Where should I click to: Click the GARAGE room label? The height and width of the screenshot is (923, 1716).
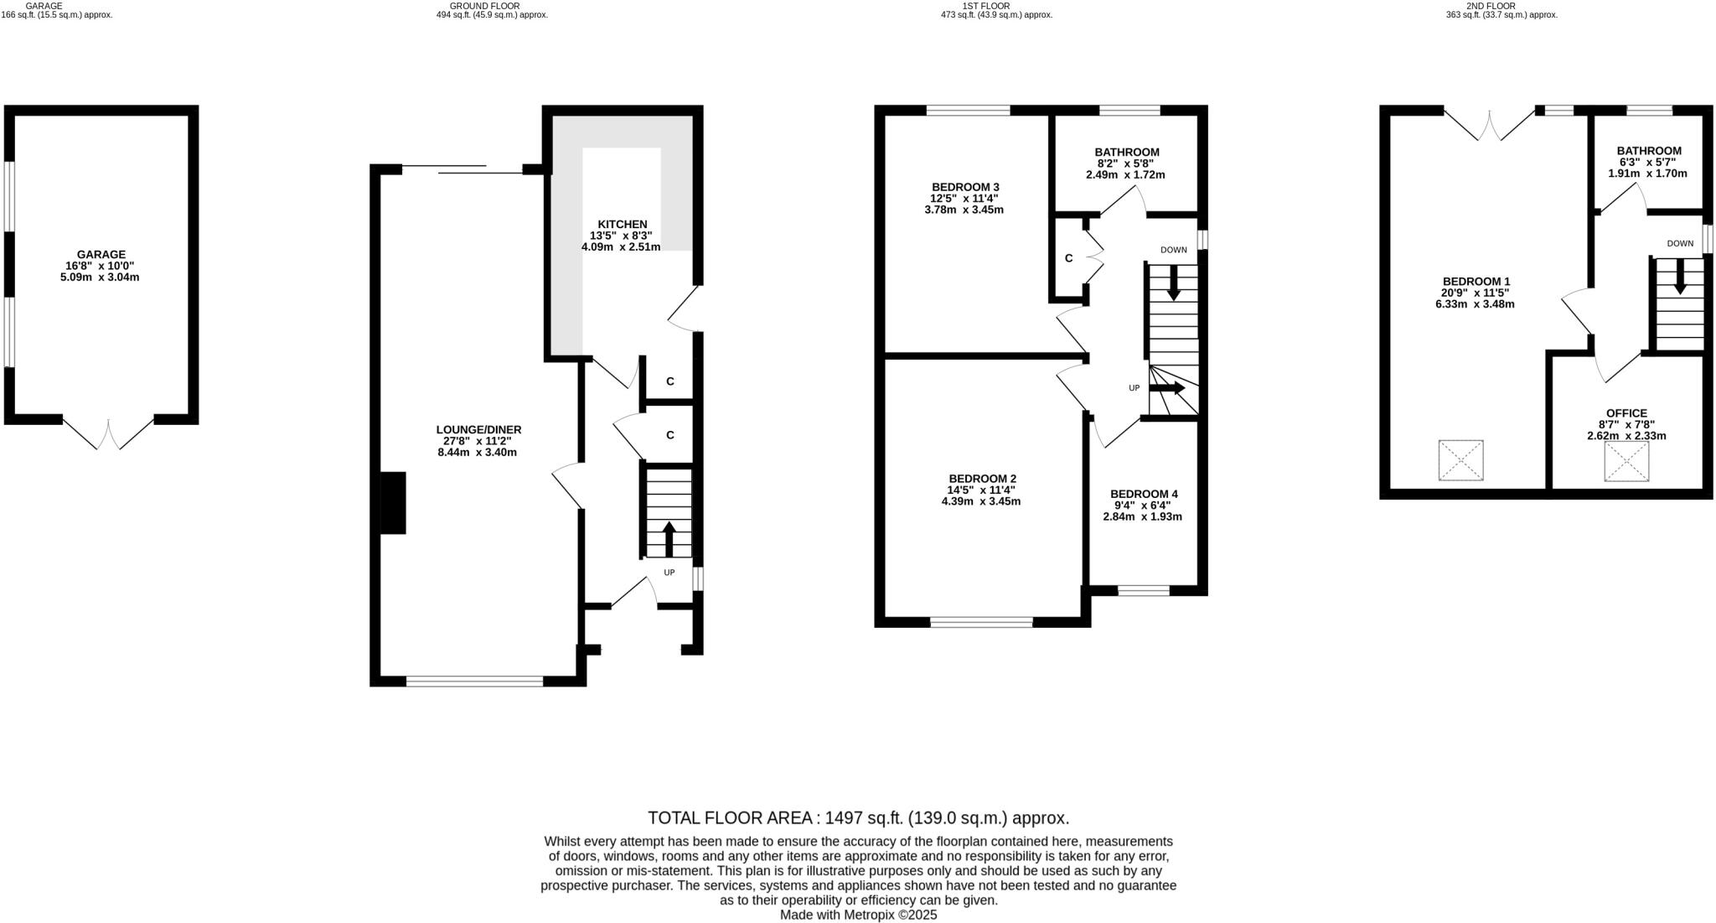[101, 254]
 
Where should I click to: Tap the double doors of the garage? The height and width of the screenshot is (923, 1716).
[108, 433]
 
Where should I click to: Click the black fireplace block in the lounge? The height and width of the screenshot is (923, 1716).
[393, 503]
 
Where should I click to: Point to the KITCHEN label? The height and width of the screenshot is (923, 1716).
[622, 224]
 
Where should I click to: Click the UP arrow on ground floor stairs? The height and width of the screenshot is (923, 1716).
[669, 539]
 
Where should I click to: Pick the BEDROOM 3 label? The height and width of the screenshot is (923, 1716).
[965, 186]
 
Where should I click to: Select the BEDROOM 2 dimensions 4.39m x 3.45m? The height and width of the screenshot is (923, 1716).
[980, 501]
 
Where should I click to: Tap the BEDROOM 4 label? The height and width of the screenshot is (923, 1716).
[1144, 494]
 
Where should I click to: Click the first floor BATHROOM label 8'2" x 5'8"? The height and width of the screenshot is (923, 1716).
[1126, 152]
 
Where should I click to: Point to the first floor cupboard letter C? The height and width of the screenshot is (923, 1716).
[1068, 258]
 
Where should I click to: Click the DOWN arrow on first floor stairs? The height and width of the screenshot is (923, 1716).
[1173, 283]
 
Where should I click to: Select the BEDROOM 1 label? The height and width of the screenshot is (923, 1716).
[1476, 281]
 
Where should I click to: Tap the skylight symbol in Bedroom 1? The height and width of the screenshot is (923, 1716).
[1460, 460]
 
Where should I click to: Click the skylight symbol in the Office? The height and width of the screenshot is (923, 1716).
[1626, 461]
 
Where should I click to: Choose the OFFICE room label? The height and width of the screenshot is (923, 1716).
[1626, 413]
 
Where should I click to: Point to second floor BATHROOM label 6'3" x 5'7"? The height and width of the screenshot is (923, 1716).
[1648, 151]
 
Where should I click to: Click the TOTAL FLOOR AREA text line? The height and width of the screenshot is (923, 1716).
[858, 817]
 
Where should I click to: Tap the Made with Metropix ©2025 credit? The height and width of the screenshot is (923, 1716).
[858, 915]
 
